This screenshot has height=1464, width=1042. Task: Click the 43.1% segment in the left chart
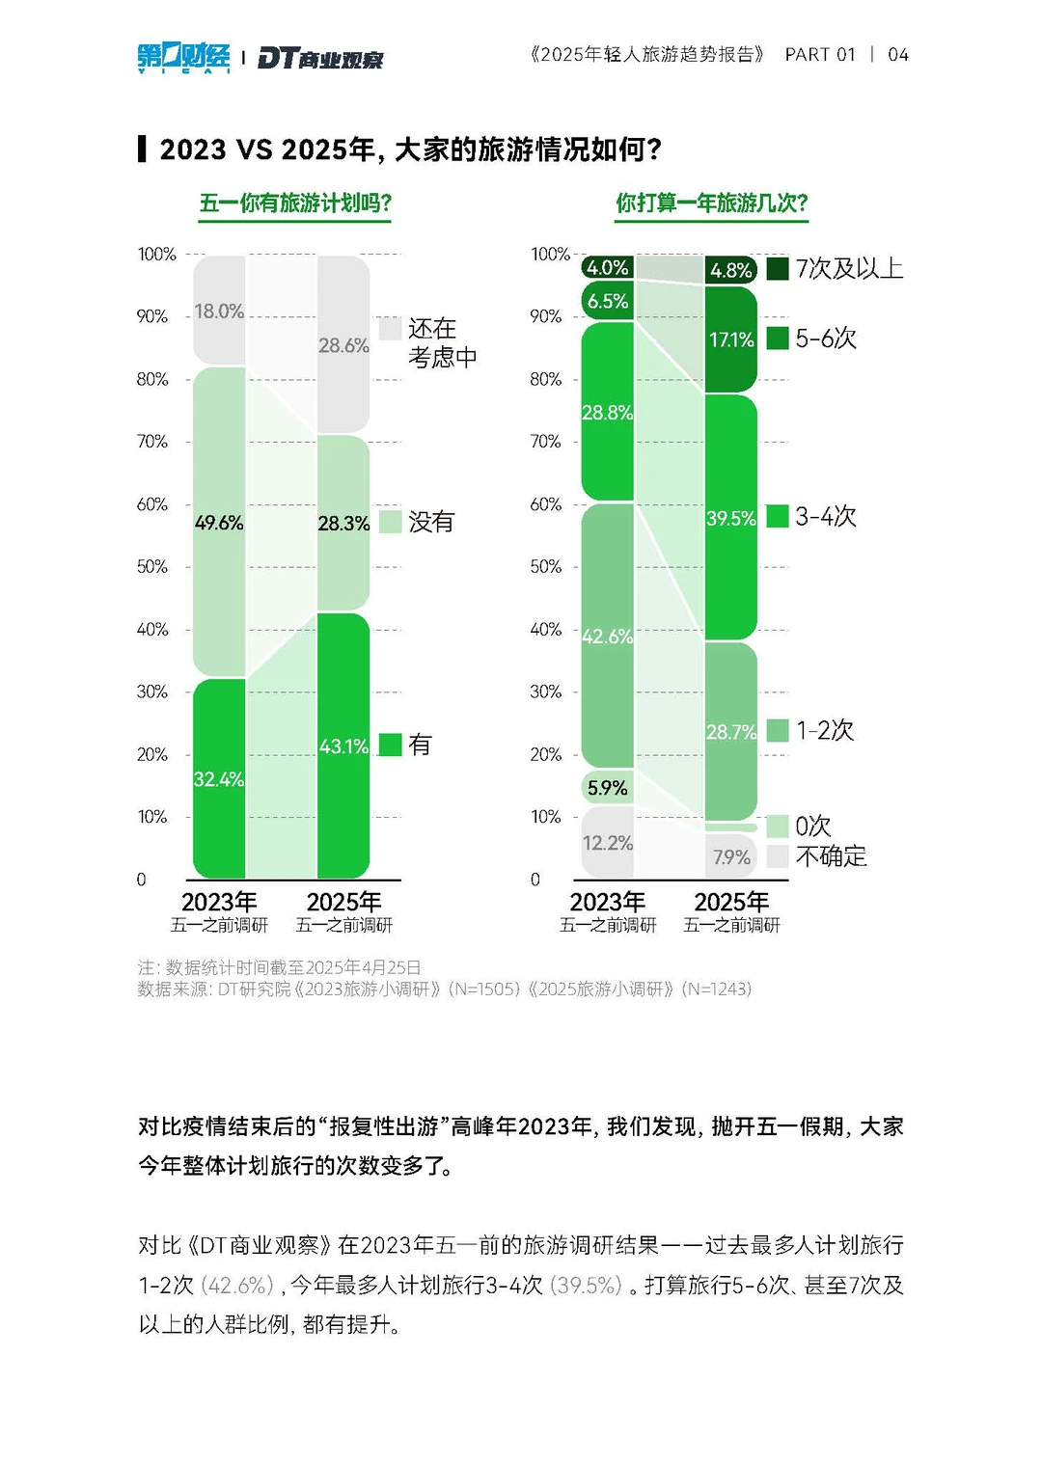(x=343, y=746)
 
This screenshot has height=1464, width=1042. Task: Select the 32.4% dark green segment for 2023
(x=219, y=778)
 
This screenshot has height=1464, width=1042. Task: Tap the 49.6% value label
(x=219, y=523)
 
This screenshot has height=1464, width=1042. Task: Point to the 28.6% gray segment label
(x=343, y=345)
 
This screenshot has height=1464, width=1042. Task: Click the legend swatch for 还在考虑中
(x=390, y=329)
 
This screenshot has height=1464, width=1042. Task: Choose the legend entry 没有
(x=430, y=522)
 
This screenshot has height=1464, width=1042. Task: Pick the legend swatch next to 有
(x=390, y=745)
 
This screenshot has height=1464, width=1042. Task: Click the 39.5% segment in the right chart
(x=730, y=518)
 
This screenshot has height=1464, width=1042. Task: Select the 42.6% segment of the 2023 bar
(x=607, y=636)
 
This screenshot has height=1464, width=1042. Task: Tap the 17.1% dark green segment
(x=730, y=339)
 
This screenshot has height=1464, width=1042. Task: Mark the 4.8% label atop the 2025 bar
(x=730, y=270)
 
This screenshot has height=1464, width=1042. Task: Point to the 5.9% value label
(x=607, y=788)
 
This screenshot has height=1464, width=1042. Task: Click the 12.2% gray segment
(x=607, y=843)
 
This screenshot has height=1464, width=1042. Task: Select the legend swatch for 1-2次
(x=778, y=730)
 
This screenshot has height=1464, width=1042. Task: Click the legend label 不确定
(x=831, y=856)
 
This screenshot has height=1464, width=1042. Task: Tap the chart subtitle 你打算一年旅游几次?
(x=711, y=203)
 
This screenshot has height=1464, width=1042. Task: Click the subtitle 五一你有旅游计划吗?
(x=295, y=203)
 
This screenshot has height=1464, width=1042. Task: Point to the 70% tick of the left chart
(x=151, y=442)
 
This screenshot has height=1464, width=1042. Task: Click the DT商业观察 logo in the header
(x=320, y=58)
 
